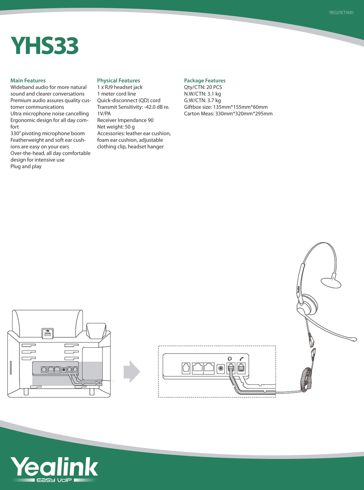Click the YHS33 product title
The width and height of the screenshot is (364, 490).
[x=44, y=46]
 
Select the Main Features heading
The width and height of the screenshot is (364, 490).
[x=28, y=80]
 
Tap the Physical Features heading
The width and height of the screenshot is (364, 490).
[x=119, y=80]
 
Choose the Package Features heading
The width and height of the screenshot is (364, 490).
[x=205, y=80]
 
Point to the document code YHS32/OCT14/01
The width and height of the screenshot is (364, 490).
[x=341, y=13]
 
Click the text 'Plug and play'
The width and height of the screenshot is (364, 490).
[x=26, y=167]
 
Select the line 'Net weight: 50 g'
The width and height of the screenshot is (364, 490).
[x=116, y=127]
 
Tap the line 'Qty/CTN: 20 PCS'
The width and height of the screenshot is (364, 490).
[x=203, y=87]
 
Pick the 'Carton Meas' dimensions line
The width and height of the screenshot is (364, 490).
[x=228, y=114]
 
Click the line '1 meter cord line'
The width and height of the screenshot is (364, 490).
[x=116, y=94]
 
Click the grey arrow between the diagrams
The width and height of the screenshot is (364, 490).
[x=132, y=372]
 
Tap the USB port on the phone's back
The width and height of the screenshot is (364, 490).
[x=47, y=334]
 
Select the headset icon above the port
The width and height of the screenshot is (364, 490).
[x=230, y=359]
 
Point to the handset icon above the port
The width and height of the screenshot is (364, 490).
[x=241, y=359]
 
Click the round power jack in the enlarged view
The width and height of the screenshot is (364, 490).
[x=220, y=368]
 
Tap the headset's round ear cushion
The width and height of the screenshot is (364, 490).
[x=307, y=303]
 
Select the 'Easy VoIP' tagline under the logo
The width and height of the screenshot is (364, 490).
[x=54, y=480]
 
